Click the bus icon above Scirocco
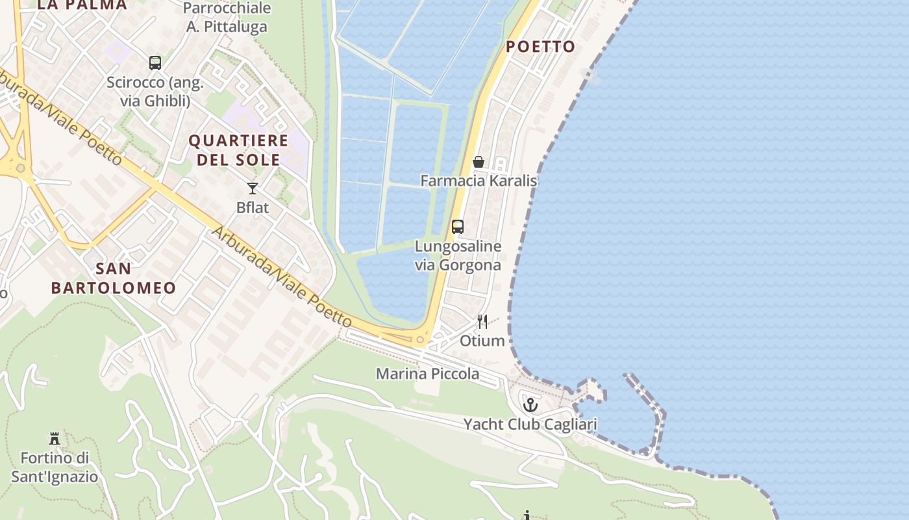(155, 63)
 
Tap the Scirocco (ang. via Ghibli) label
(155, 92)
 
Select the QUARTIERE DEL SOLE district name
(238, 150)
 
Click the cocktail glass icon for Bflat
(253, 188)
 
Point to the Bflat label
(253, 208)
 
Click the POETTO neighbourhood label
(540, 46)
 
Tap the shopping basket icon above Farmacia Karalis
(479, 162)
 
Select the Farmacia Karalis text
(479, 181)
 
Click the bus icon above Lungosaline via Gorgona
(458, 227)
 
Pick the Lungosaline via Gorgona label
(458, 255)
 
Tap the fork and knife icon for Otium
(482, 322)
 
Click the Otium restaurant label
(482, 341)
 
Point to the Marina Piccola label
(428, 374)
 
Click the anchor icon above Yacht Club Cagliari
(530, 405)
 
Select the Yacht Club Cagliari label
(530, 424)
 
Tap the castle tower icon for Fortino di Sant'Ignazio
(55, 439)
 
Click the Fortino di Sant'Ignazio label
(55, 467)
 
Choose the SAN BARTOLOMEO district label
(114, 278)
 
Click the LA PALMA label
(82, 5)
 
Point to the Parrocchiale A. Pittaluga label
(227, 18)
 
